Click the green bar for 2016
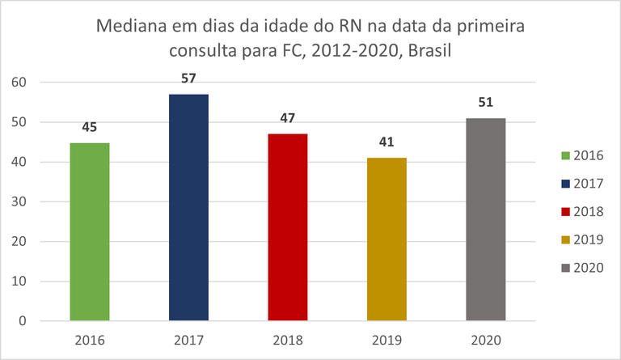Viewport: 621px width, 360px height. click(90, 232)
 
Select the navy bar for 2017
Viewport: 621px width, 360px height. click(188, 208)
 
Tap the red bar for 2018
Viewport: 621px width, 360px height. click(288, 227)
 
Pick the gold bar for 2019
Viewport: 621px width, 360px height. click(387, 239)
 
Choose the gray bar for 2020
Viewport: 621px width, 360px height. click(486, 220)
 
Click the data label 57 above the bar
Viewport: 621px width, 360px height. click(188, 78)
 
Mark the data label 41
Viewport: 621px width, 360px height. click(387, 142)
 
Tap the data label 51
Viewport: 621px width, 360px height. click(486, 102)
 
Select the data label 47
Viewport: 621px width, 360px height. click(288, 118)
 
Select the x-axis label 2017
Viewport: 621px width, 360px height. click(188, 341)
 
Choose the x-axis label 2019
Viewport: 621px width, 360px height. click(387, 341)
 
